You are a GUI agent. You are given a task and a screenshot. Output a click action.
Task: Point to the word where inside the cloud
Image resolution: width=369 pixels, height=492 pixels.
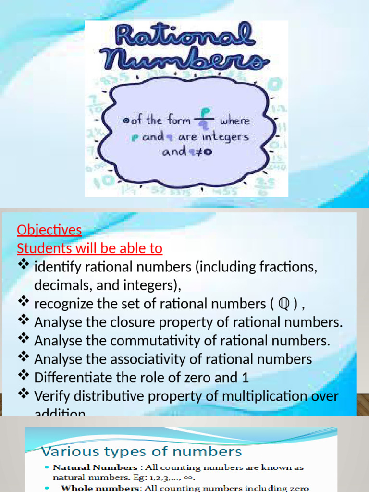[x=235, y=121]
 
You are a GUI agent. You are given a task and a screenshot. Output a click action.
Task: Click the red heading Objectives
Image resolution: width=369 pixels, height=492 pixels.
[x=49, y=230]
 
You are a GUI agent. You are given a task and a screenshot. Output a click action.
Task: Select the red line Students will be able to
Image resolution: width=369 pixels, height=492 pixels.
[x=90, y=248]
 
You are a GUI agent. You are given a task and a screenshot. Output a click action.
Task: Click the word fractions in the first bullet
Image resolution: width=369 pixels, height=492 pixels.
[x=286, y=267]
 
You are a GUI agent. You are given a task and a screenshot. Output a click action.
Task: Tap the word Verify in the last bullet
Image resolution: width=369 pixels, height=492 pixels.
[x=50, y=396]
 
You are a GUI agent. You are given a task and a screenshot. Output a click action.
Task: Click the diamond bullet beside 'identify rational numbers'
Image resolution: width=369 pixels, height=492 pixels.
[x=24, y=265]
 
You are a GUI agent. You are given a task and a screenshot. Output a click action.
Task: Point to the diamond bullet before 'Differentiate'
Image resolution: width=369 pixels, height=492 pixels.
[x=24, y=375]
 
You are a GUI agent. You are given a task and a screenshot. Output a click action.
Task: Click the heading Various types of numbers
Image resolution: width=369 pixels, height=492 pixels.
[x=141, y=451]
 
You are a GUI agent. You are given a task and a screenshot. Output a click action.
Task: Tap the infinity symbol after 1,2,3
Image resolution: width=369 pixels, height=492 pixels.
[x=190, y=477]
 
